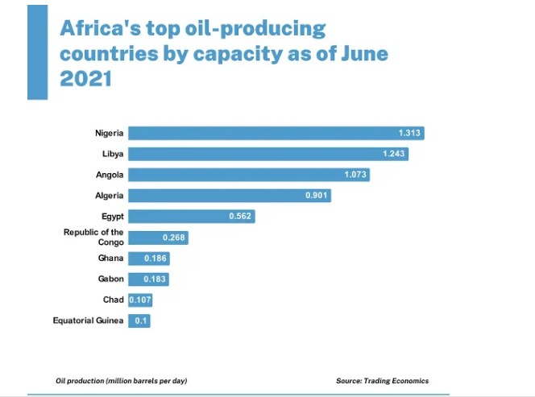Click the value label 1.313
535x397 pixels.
tap(410, 133)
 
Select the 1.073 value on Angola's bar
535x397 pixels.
tap(355, 175)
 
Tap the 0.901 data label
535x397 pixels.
tap(317, 196)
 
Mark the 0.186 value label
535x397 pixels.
tap(156, 258)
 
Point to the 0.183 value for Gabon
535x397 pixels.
tap(156, 279)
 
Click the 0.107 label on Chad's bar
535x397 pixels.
tap(140, 300)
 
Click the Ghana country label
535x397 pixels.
tap(111, 258)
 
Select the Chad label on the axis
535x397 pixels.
tap(114, 300)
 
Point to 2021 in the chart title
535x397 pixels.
tap(85, 80)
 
